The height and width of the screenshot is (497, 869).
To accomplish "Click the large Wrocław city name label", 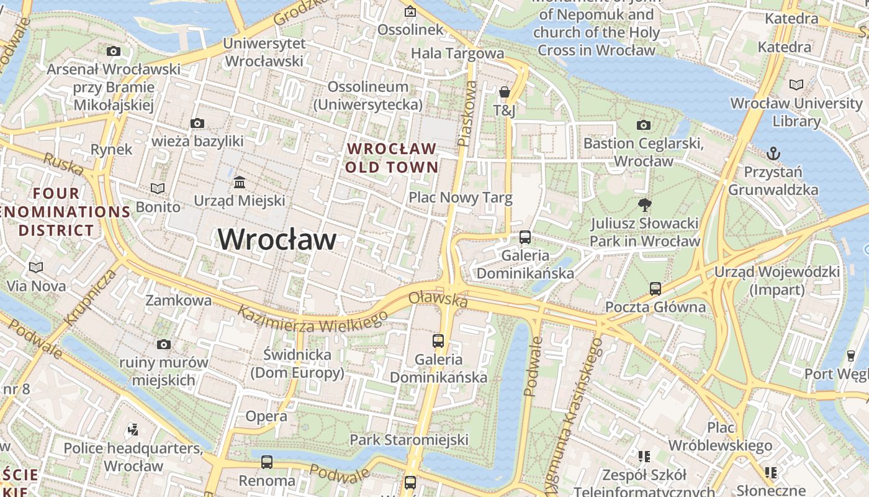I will (x=277, y=240).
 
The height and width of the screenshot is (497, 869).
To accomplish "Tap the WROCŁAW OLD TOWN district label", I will (x=392, y=158).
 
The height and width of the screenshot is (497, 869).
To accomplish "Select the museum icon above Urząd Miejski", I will (x=240, y=182).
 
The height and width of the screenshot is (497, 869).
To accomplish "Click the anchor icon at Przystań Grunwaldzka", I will (x=773, y=153).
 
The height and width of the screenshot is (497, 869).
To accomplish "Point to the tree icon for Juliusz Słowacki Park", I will (x=645, y=204).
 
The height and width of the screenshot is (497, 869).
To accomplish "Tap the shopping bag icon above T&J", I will (x=505, y=93).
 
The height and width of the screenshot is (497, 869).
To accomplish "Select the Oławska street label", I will (x=438, y=299).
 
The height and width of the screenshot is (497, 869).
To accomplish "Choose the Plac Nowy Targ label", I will (x=461, y=198).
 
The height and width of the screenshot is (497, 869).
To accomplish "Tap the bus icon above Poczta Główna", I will (x=655, y=288).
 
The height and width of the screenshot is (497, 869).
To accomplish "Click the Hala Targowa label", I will (x=457, y=53).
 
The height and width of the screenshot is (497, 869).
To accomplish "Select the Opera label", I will (x=266, y=416).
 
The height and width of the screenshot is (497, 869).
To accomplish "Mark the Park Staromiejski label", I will (x=409, y=440).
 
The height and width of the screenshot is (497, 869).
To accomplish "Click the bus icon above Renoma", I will (x=267, y=462).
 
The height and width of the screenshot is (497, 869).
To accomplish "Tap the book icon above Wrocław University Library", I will (x=796, y=84).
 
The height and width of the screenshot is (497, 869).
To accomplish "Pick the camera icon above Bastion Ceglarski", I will (x=644, y=125).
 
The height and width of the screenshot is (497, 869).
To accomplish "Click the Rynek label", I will (x=112, y=149).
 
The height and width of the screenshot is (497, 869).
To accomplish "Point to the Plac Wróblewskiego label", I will (x=721, y=437).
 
